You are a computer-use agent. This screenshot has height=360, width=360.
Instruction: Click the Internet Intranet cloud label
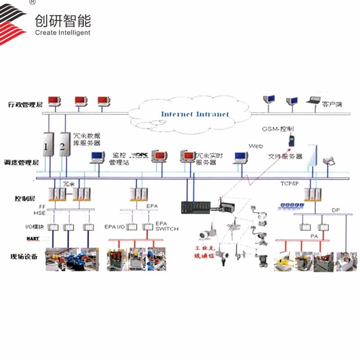195,114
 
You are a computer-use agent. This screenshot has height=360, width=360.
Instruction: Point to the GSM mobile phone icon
291,140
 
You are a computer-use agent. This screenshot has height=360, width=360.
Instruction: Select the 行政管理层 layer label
25,104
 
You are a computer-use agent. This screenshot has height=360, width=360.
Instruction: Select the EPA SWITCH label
166,226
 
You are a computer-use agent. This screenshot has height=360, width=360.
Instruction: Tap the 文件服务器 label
285,156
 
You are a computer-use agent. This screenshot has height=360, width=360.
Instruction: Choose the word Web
256,146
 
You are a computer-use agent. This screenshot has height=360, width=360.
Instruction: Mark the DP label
336,210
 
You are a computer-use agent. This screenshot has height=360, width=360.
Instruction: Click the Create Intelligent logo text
63,32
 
